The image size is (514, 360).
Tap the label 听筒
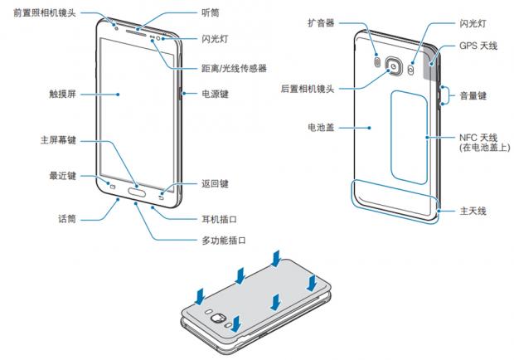click(211, 13)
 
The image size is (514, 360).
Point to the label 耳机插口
click(219, 220)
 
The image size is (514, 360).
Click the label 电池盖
click(320, 129)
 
